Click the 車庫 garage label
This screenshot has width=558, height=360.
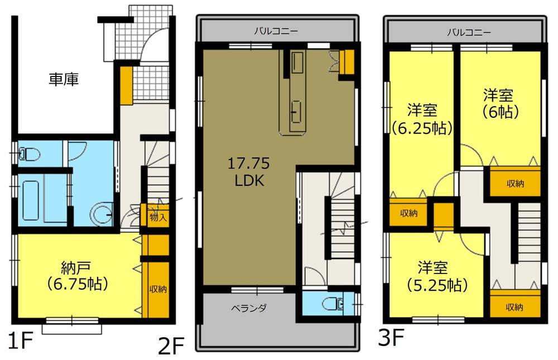(x=63, y=80)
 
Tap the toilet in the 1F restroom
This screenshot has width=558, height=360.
(x=28, y=153)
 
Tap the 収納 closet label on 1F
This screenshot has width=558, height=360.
(x=157, y=289)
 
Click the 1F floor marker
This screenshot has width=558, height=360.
(x=17, y=340)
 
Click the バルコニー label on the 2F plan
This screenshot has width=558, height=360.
(x=275, y=31)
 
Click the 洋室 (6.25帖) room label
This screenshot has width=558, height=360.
(x=421, y=118)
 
